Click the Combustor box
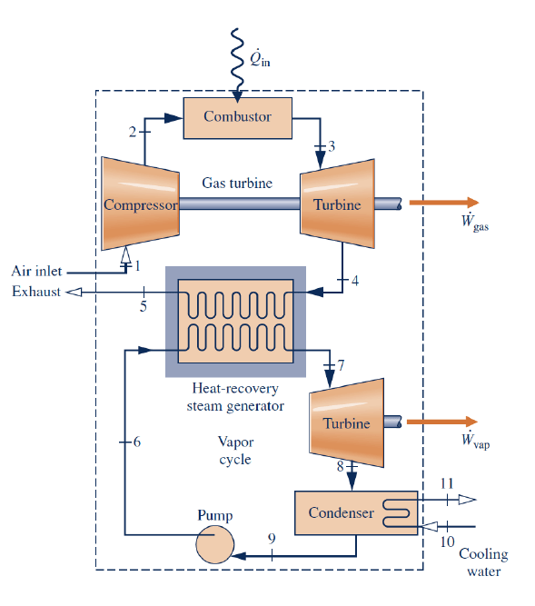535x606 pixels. click(237, 117)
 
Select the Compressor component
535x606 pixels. click(139, 204)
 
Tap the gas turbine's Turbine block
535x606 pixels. click(337, 204)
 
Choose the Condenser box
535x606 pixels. click(341, 512)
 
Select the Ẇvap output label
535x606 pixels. click(473, 442)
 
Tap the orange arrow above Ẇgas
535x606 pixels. click(443, 203)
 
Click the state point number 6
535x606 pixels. click(137, 442)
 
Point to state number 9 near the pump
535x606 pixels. click(272, 538)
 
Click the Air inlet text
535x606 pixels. click(35, 272)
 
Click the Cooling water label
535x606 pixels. click(483, 562)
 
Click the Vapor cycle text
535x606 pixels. click(235, 451)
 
